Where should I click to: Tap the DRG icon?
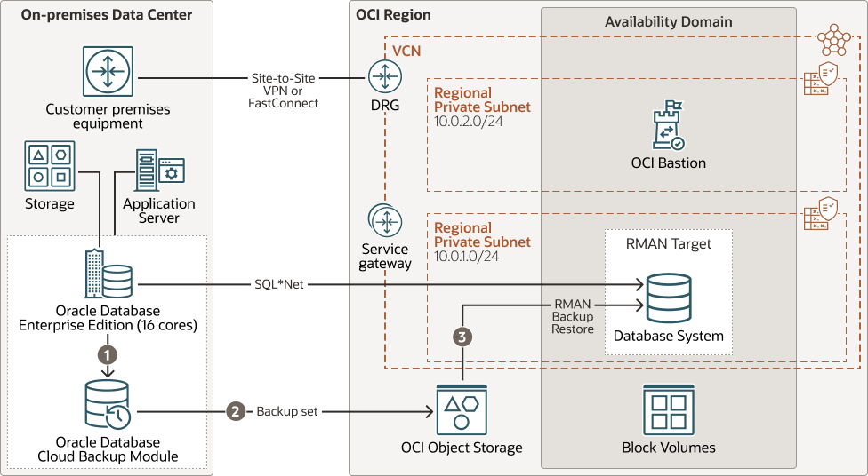[x=384, y=78]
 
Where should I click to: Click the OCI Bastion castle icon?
[x=668, y=126]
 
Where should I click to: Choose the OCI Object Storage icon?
[x=462, y=411]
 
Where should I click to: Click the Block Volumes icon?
[x=668, y=411]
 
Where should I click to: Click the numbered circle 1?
[x=108, y=353]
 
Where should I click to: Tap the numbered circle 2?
[x=236, y=412]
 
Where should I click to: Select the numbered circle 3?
[x=462, y=337]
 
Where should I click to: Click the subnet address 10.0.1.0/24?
[x=467, y=255]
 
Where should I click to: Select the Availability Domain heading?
[x=668, y=21]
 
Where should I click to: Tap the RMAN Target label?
[x=668, y=244]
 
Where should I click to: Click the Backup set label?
[x=286, y=412]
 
